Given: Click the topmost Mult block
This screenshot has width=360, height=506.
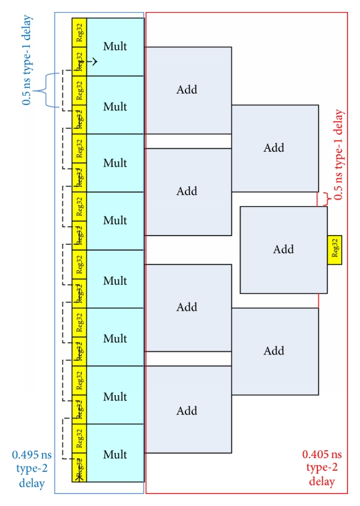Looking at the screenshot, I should [x=115, y=47].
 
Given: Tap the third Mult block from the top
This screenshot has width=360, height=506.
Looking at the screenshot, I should [x=115, y=162].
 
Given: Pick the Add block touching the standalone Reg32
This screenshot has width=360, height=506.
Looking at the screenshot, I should [x=283, y=249].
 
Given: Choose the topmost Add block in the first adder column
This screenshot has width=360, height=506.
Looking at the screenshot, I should [x=187, y=90].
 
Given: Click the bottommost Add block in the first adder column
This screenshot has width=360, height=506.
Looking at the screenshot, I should [x=187, y=410].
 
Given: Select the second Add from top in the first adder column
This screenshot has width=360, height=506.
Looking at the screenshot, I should [x=187, y=191].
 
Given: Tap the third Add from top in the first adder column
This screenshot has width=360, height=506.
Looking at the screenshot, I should [x=187, y=308].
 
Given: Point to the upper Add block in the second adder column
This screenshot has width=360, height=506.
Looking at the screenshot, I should [x=274, y=148].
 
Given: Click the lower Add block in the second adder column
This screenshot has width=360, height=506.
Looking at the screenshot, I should [x=274, y=351].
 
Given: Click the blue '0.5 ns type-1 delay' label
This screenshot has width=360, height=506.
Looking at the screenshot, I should [x=27, y=60].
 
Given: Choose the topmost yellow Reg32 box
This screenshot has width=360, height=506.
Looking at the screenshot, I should [x=79, y=32].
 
